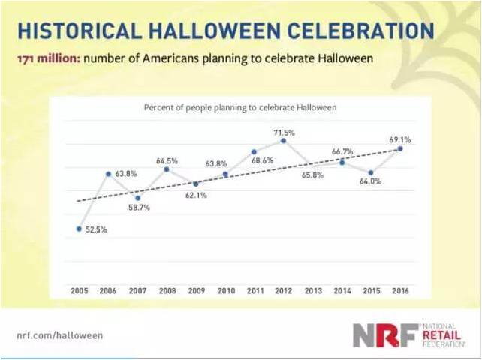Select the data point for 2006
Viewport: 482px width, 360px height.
pyautogui.click(x=108, y=174)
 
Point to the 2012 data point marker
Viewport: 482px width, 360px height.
pyautogui.click(x=283, y=140)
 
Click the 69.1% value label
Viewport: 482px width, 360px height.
pyautogui.click(x=399, y=139)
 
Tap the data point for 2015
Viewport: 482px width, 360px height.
pyautogui.click(x=371, y=172)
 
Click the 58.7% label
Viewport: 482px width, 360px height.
pyautogui.click(x=138, y=207)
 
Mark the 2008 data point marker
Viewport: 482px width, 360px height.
pyautogui.click(x=167, y=169)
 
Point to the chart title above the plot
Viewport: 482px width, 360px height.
pyautogui.click(x=239, y=107)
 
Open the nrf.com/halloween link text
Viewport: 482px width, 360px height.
pyautogui.click(x=59, y=335)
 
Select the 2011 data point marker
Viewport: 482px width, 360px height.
pyautogui.click(x=255, y=151)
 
